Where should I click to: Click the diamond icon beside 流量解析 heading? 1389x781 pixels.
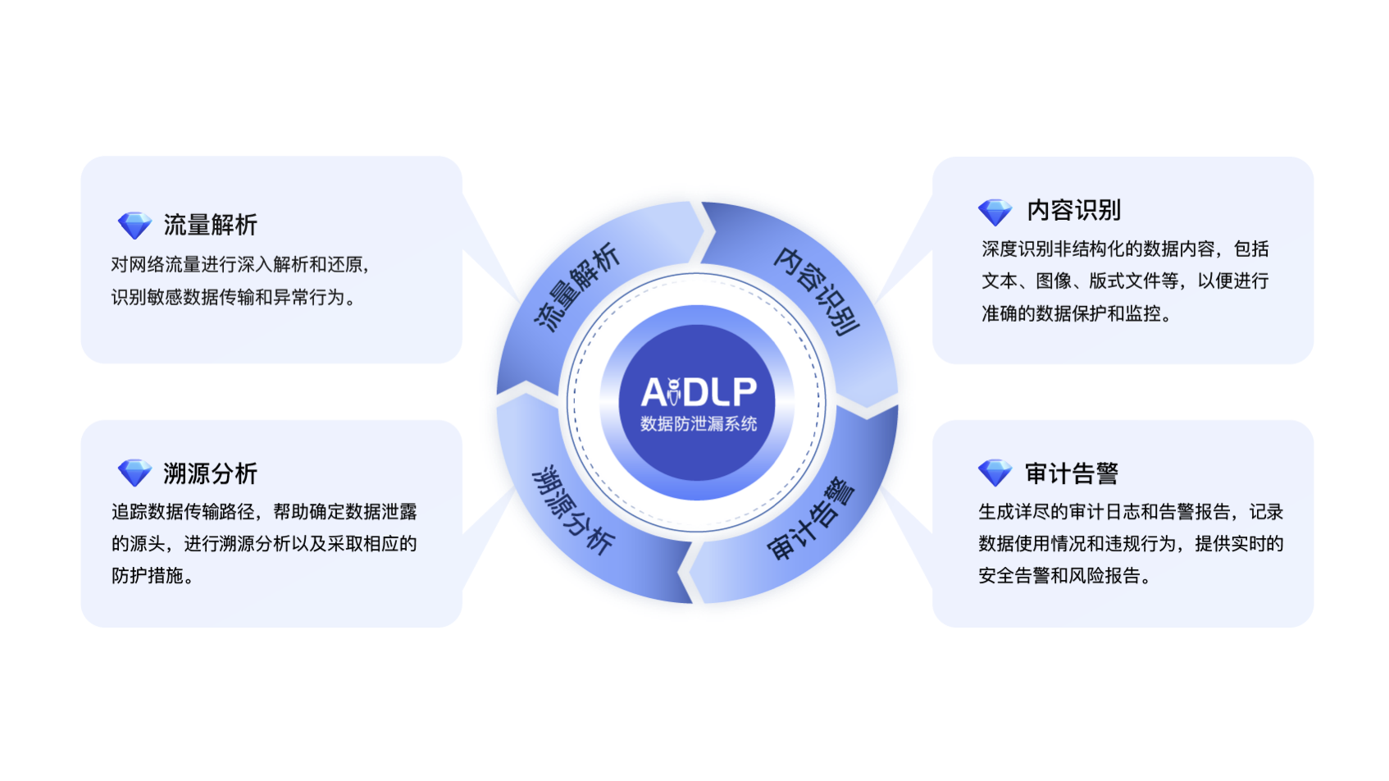click(x=134, y=225)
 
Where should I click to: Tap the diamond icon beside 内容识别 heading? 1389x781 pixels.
click(x=995, y=212)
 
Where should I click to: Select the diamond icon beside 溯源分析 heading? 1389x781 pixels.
click(x=134, y=473)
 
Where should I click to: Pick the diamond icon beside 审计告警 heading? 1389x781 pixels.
click(x=995, y=473)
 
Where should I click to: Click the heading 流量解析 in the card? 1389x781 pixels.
click(x=210, y=225)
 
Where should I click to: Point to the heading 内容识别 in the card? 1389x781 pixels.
click(x=1073, y=211)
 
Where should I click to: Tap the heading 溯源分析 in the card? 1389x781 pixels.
click(x=210, y=473)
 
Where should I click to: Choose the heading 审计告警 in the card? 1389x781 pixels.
click(x=1071, y=473)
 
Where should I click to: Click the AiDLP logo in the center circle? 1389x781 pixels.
click(x=698, y=392)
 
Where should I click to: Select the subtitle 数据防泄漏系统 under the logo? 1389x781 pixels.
click(x=698, y=424)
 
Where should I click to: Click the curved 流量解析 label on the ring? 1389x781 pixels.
click(x=576, y=286)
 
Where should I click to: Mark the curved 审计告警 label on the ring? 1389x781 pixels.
click(x=812, y=519)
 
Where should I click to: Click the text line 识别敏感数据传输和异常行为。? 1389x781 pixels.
click(x=234, y=297)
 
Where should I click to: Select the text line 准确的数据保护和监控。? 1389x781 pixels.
click(x=1076, y=313)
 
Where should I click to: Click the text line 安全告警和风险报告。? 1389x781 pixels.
click(x=1064, y=576)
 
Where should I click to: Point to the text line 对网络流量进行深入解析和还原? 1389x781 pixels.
click(x=240, y=264)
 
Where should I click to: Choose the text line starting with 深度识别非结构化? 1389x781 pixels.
click(x=1125, y=249)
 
